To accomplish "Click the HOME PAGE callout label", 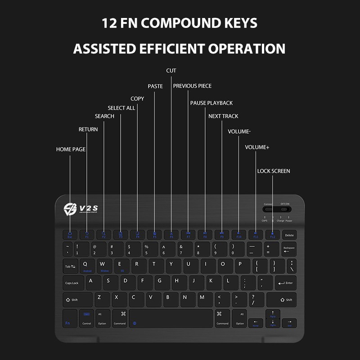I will pos(71,149).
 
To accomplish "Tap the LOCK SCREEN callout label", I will pos(274,171).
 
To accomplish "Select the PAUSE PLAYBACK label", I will pos(211,103).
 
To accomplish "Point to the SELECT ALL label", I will pos(121,108).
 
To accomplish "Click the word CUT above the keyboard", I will pos(171,71).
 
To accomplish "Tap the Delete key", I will pos(289,235).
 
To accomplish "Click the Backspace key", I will pos(289,249).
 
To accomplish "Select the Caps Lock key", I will pos(72,283).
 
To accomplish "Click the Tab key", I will pos(71,266).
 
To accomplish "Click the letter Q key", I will pos(87,265).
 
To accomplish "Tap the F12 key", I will pos(272,235).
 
